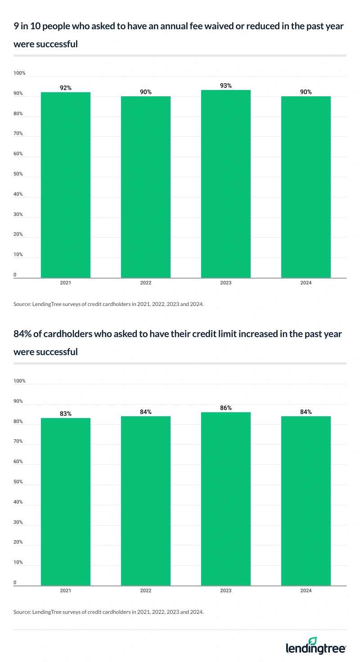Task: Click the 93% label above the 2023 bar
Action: [x=226, y=86]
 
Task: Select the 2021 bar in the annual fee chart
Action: [x=66, y=185]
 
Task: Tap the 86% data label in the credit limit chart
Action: [x=226, y=408]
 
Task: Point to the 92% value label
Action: [x=66, y=88]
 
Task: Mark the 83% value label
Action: [x=66, y=414]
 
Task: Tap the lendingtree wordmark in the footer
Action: [x=316, y=649]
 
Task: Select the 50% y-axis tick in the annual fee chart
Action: [x=20, y=174]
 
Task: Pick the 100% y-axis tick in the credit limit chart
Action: [x=20, y=381]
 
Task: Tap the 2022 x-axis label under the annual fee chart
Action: [x=146, y=283]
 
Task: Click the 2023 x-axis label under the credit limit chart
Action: [x=226, y=590]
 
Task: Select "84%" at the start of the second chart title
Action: [x=23, y=334]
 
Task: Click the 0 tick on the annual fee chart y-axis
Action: [x=15, y=275]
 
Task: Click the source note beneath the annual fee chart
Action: [x=109, y=304]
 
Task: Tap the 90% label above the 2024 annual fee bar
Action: [x=306, y=92]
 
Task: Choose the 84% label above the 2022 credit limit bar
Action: [x=146, y=412]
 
